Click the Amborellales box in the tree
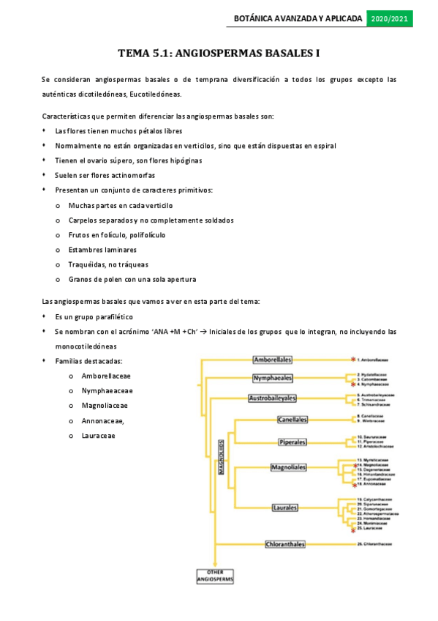pyautogui.click(x=272, y=360)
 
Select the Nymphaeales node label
pyautogui.click(x=272, y=378)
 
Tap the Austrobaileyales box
pyautogui.click(x=272, y=398)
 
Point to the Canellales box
pyautogui.click(x=292, y=420)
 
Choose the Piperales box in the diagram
pyautogui.click(x=292, y=442)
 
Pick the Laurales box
pyautogui.click(x=289, y=507)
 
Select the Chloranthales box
pyautogui.click(x=285, y=544)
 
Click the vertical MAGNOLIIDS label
pyautogui.click(x=221, y=458)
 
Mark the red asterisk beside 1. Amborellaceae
pyautogui.click(x=352, y=360)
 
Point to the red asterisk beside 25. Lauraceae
pyautogui.click(x=352, y=531)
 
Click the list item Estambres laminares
pyautogui.click(x=102, y=250)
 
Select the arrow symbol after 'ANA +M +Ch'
pyautogui.click(x=203, y=332)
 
